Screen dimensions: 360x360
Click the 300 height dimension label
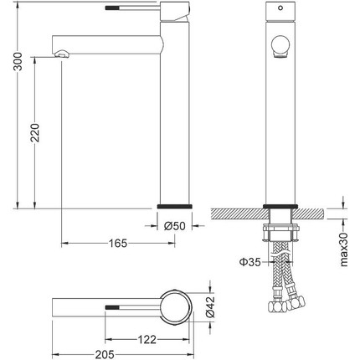18,61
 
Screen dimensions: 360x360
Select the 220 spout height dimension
35,132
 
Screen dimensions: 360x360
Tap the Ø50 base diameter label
175,226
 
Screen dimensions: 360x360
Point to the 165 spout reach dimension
118,244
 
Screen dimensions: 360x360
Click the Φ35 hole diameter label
249,262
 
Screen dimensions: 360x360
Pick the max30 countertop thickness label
344,249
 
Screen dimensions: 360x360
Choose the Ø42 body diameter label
210,307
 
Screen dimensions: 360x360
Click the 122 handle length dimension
147,340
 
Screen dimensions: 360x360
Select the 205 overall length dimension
105,355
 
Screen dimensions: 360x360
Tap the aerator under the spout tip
62,54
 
